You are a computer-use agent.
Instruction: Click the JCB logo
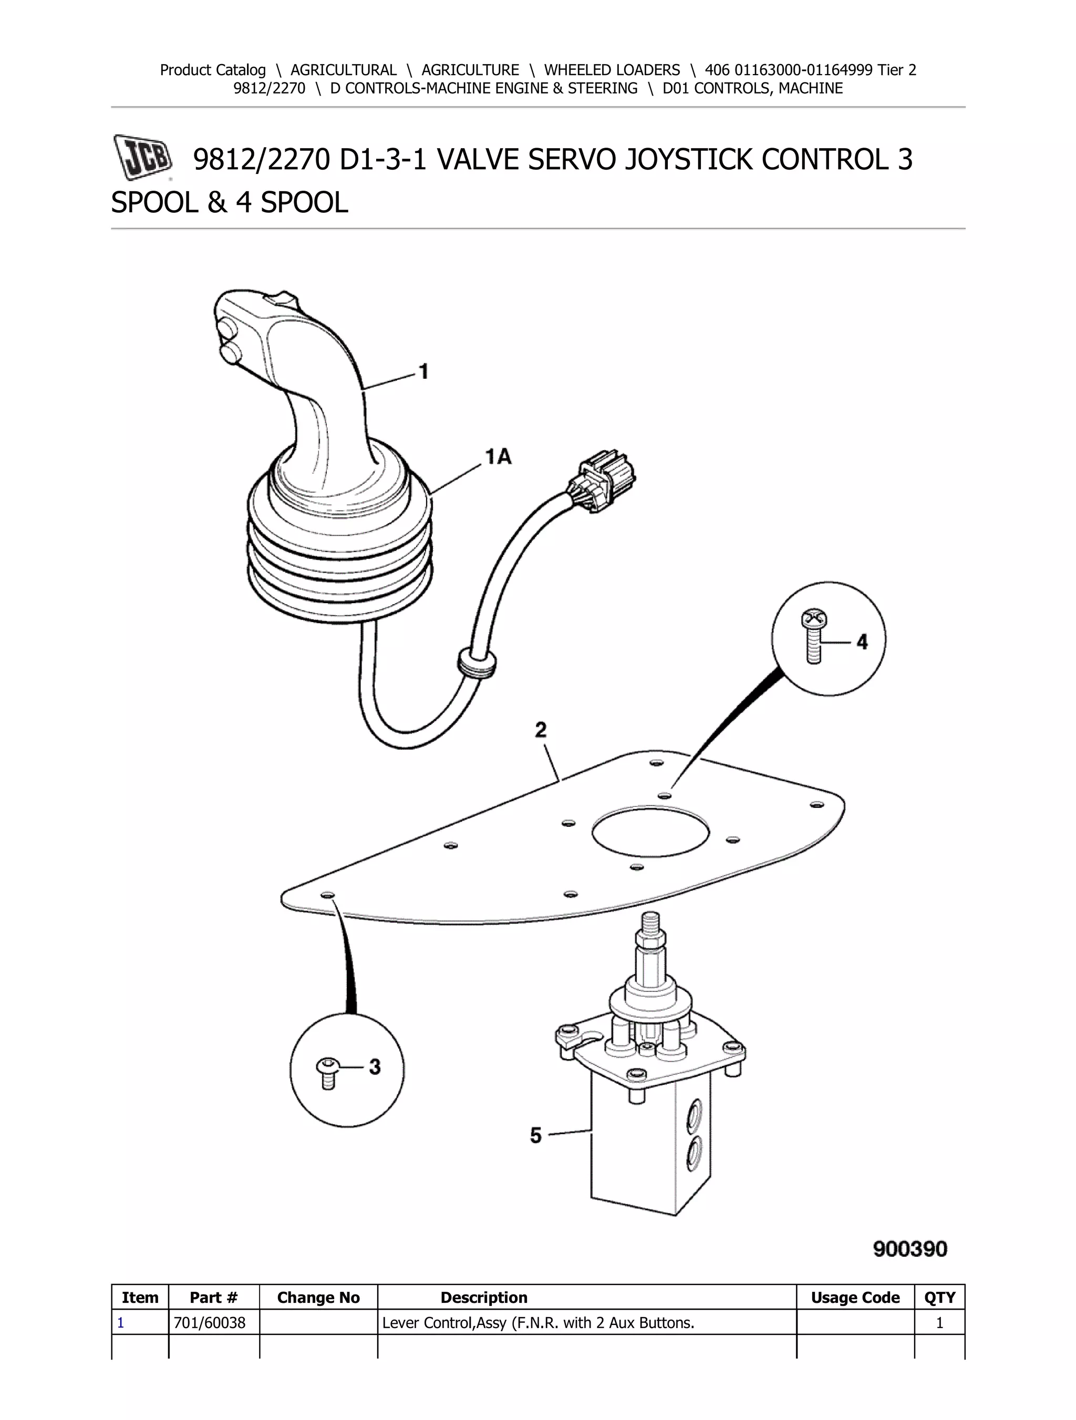[142, 157]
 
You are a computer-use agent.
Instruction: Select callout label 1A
[498, 457]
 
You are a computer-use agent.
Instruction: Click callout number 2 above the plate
[541, 730]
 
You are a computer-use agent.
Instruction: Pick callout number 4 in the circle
[862, 641]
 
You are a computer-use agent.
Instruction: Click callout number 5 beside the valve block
[536, 1135]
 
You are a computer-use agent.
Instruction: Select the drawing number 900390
[910, 1249]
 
